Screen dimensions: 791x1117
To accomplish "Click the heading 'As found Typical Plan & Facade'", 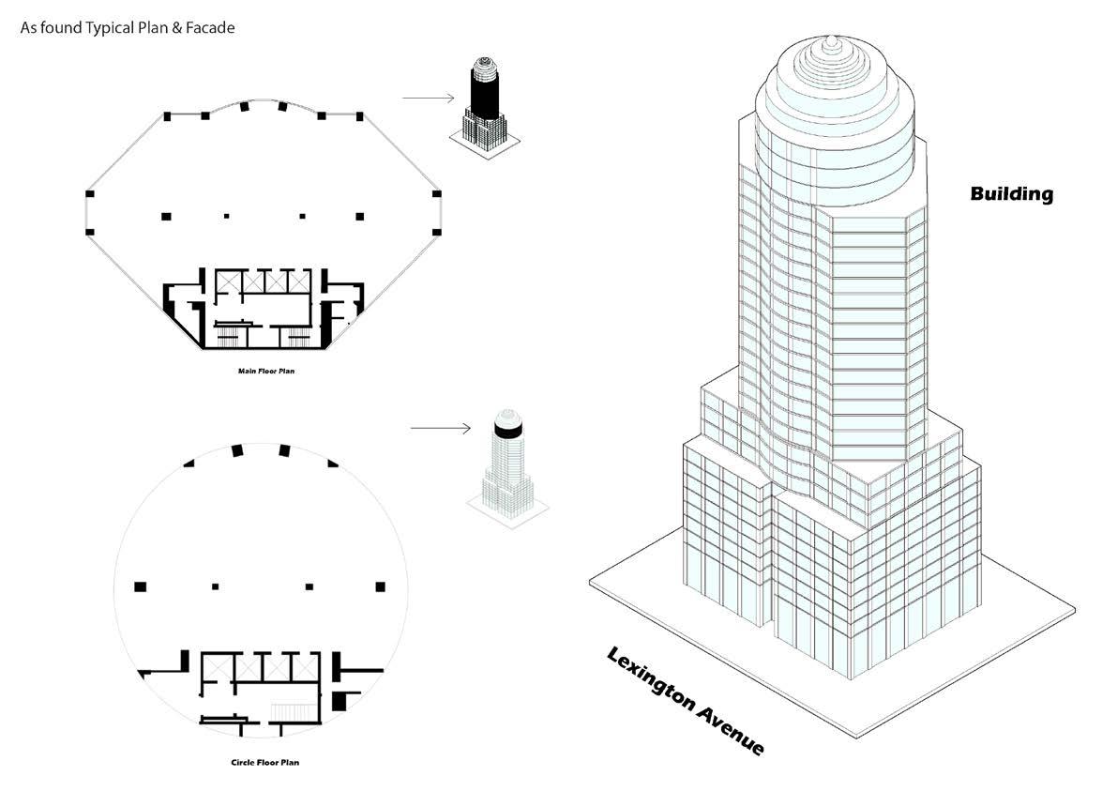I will (128, 28).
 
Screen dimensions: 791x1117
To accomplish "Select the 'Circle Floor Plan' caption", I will (264, 762).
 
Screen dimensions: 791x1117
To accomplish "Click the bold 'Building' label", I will (1011, 194).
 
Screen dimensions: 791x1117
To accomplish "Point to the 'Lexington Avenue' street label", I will (686, 700).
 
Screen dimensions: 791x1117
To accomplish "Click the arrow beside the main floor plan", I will (428, 98).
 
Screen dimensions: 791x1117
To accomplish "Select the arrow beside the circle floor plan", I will (440, 429).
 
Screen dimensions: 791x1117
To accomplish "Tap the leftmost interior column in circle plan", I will (141, 586).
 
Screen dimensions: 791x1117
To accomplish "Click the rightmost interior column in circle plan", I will (380, 586).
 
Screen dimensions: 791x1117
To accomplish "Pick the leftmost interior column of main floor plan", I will (166, 216).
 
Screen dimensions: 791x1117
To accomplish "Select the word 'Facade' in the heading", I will (211, 28).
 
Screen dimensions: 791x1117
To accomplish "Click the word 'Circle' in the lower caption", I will (243, 762).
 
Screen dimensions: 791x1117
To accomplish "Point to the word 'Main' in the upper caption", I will (246, 371).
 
